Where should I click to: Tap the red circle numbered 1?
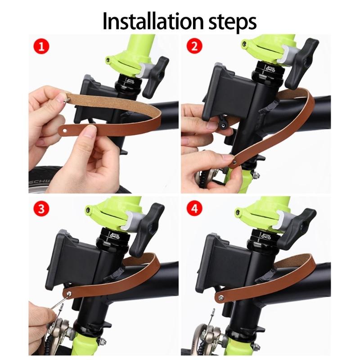(41, 46)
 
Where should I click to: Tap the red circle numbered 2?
(194, 46)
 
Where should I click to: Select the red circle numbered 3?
(41, 208)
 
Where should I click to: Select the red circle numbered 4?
(194, 208)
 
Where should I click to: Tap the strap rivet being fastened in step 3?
(68, 293)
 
